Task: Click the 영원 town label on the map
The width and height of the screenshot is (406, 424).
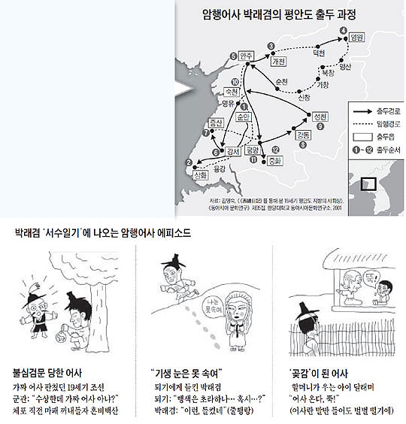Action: click(356, 37)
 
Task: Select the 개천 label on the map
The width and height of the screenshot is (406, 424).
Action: click(278, 61)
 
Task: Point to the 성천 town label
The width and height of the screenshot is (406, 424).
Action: click(319, 117)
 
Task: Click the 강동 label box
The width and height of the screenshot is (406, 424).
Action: click(304, 136)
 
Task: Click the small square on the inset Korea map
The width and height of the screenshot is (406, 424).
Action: click(368, 183)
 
